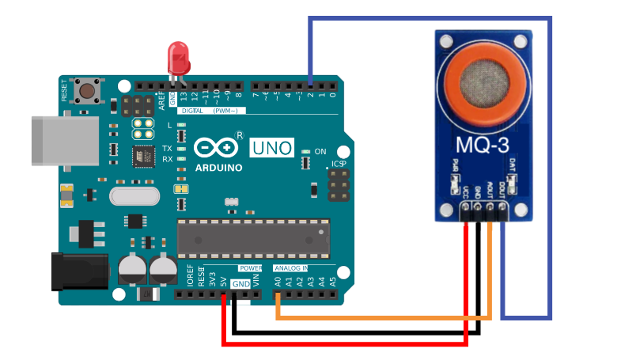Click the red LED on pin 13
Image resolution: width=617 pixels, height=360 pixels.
point(179,57)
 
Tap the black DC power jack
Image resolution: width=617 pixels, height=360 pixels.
point(78,270)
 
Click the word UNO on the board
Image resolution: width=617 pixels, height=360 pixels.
point(271,147)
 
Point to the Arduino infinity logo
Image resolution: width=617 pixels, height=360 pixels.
point(216,148)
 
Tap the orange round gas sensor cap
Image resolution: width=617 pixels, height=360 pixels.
point(483,82)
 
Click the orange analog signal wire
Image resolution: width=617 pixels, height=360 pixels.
point(380,317)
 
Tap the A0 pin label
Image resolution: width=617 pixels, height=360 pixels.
point(278,281)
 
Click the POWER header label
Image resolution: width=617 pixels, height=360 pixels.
point(250,269)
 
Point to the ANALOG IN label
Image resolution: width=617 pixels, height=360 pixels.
point(291,269)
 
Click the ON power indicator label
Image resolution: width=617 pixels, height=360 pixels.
point(320,151)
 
